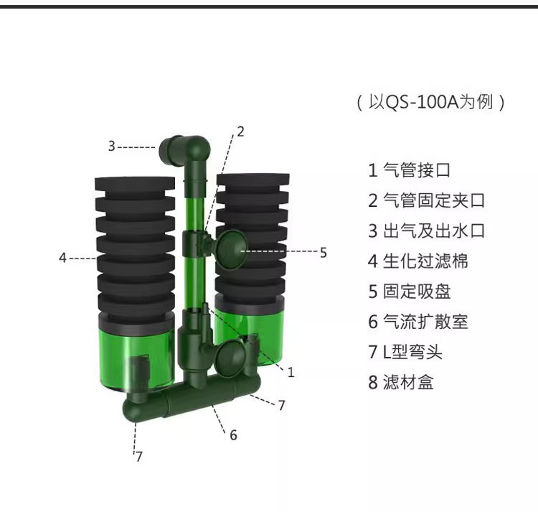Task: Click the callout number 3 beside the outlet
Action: (x=111, y=146)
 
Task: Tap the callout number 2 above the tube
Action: (x=240, y=132)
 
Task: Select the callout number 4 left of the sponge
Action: (x=62, y=258)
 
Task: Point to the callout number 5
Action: (x=324, y=253)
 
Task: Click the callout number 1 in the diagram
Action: (x=291, y=372)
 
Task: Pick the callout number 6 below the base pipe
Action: (x=233, y=435)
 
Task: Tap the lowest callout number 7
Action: (x=138, y=457)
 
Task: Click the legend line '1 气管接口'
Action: (x=409, y=170)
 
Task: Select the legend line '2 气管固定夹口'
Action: (x=426, y=200)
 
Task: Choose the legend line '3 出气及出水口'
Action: (x=426, y=231)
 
